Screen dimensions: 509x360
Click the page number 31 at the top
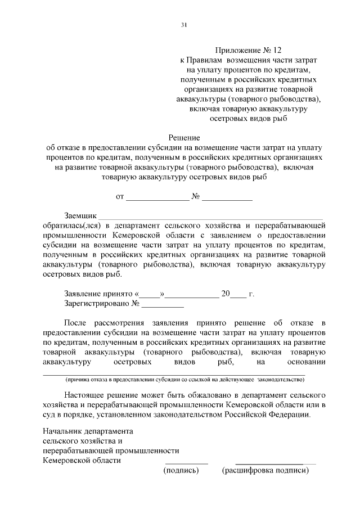point(183,25)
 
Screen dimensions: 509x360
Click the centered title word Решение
point(184,137)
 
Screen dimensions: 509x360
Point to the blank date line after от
point(157,197)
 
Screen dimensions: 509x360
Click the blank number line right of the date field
point(227,197)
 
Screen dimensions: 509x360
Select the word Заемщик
point(81,215)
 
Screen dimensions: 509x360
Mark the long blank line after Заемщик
point(211,217)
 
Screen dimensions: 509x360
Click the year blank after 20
point(238,294)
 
